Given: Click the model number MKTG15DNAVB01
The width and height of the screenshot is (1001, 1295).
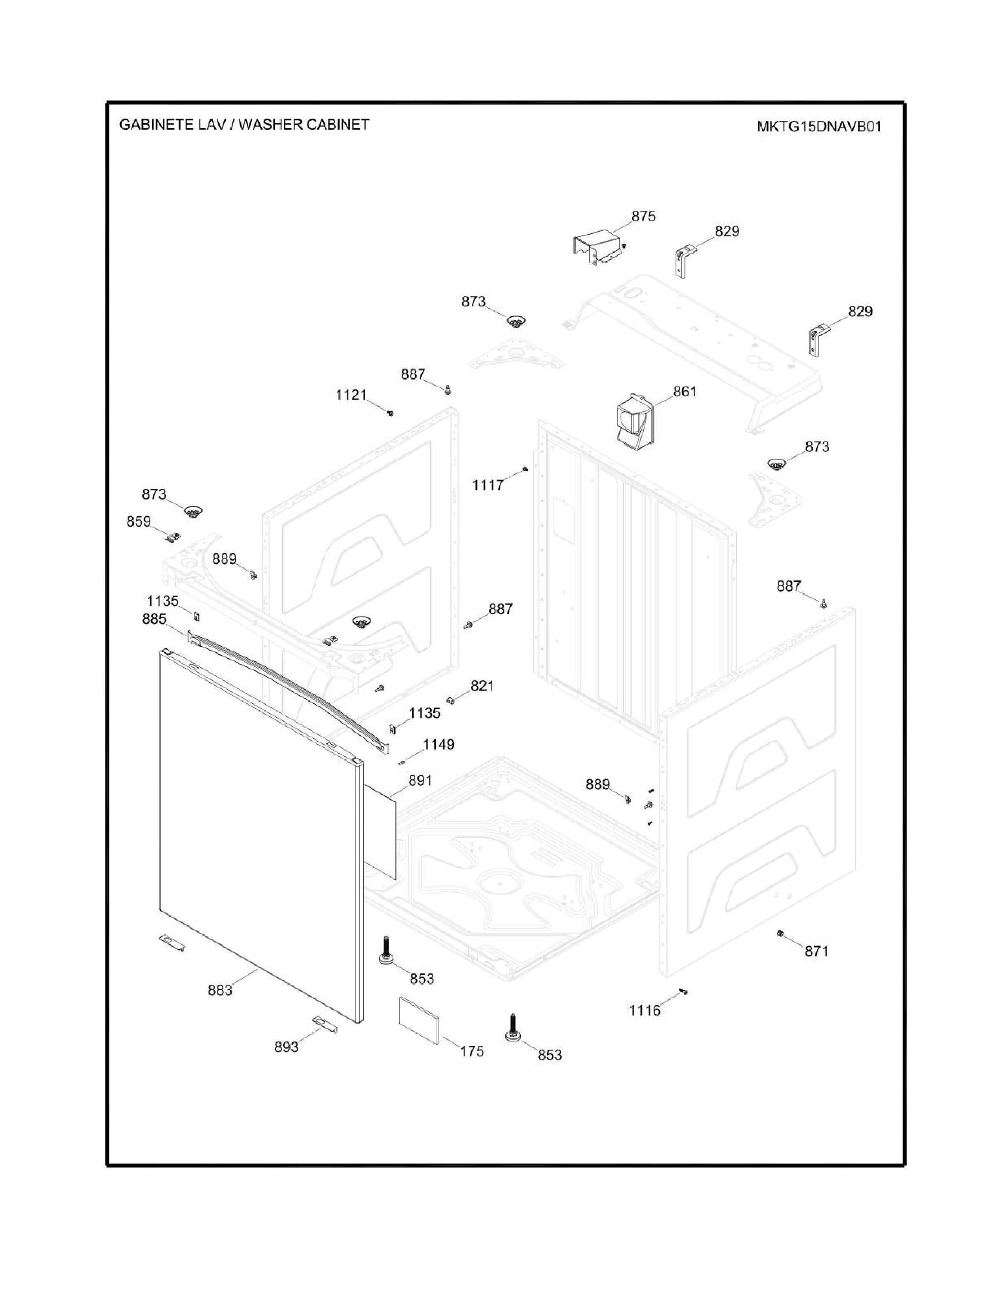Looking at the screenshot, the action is click(819, 126).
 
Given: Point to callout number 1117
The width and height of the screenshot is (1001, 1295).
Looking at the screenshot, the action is click(488, 485).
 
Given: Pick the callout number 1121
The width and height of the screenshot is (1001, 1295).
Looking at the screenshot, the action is click(351, 395).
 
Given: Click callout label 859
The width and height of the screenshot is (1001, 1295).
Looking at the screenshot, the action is click(139, 521).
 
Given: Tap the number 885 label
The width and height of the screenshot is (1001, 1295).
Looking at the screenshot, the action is click(154, 619).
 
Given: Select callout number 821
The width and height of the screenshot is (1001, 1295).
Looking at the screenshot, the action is click(482, 686).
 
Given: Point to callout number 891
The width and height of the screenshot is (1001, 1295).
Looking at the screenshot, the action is click(420, 781).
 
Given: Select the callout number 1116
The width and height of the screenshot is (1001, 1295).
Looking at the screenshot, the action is click(645, 1010).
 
